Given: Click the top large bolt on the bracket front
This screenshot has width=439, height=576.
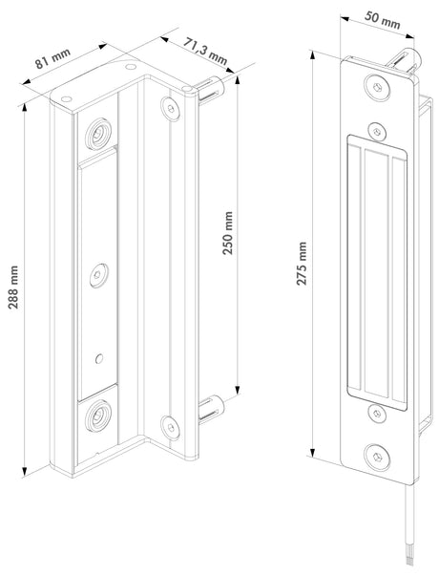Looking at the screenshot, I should point(97,130).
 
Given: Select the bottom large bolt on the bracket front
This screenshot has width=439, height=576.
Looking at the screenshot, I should point(97,413).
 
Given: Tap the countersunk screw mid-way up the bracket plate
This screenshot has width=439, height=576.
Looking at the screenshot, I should point(97,276).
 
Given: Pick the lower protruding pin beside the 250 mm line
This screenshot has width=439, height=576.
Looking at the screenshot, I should point(210,411).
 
